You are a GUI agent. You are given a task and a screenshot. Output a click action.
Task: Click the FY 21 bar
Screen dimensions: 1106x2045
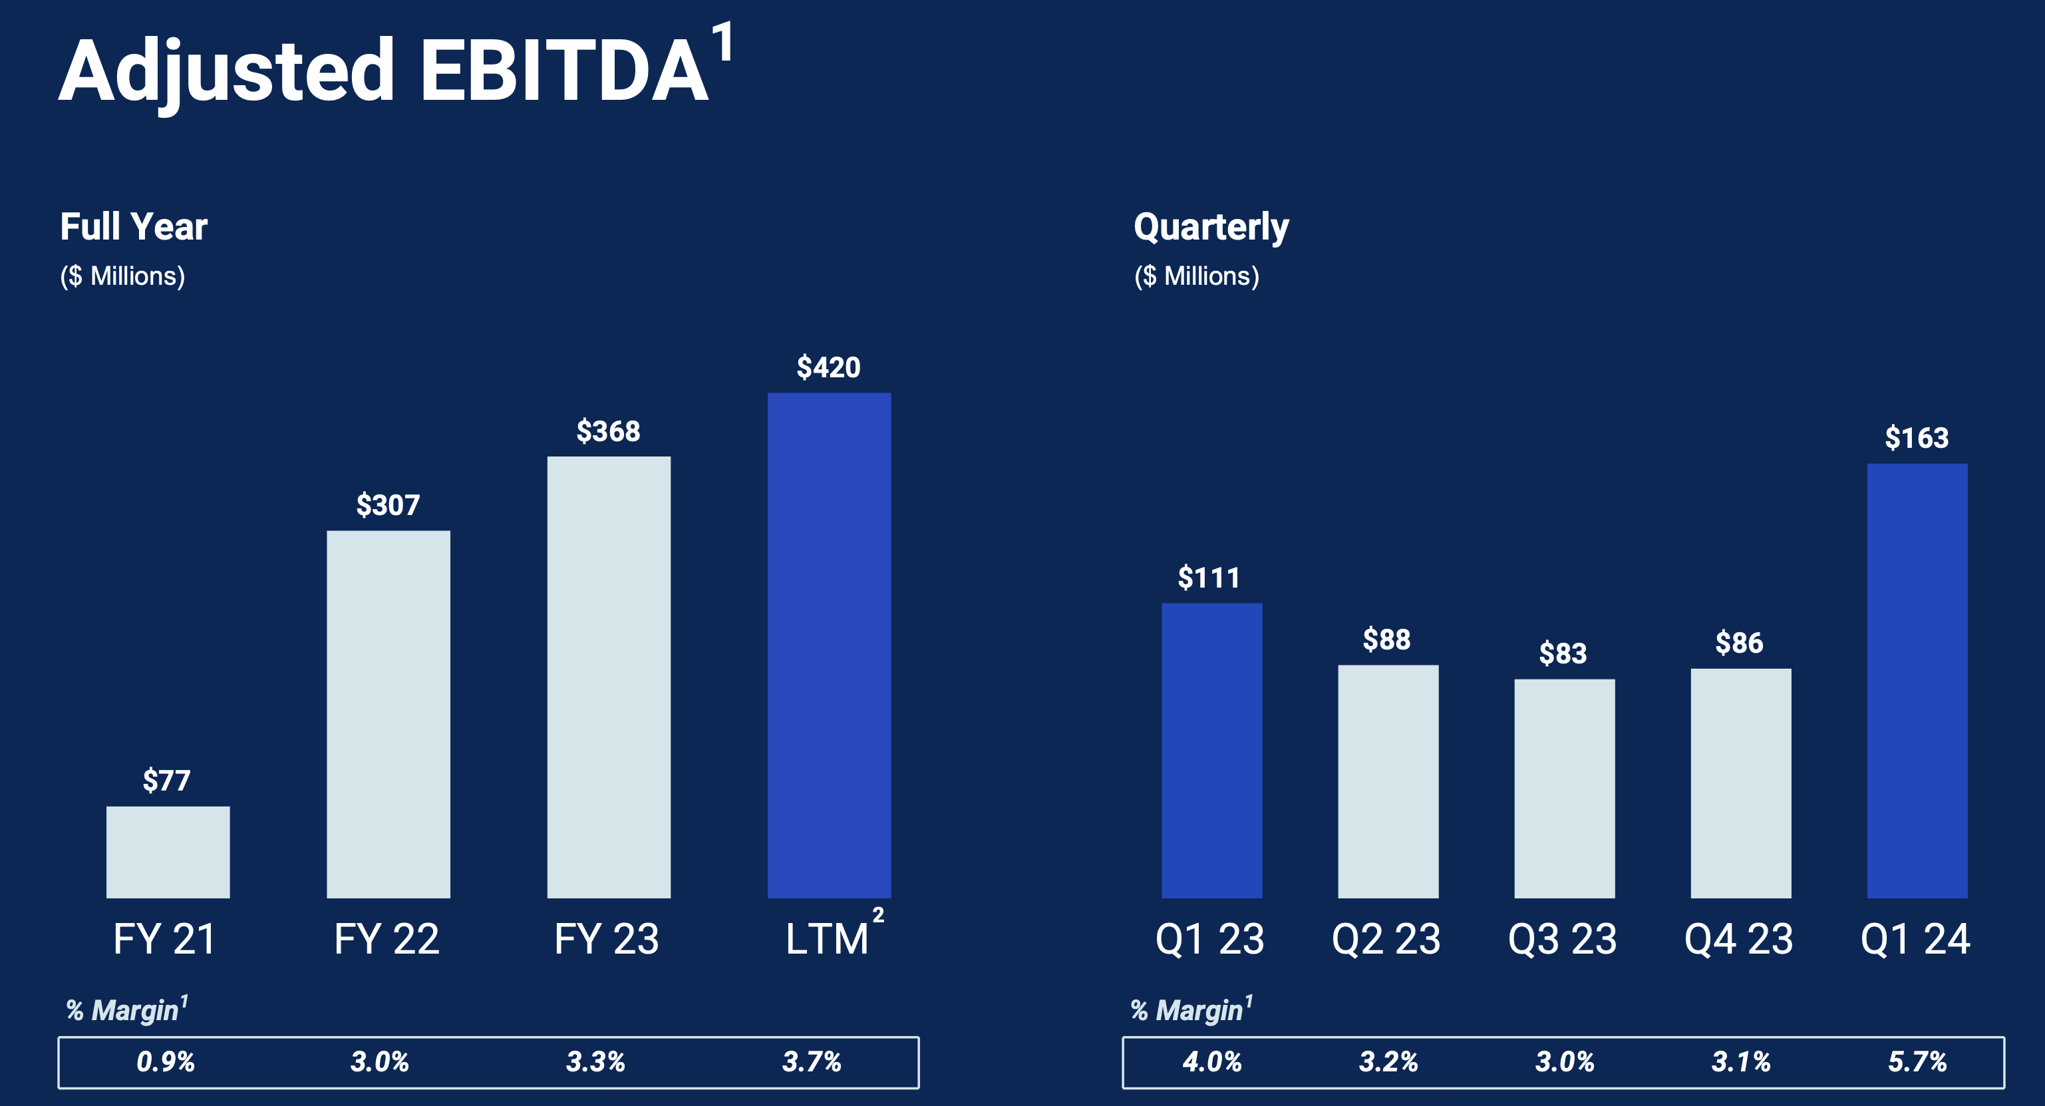[168, 852]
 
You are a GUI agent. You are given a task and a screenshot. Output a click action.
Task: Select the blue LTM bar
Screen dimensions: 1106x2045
[829, 645]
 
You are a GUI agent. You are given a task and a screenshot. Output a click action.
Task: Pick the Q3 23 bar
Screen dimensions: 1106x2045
[1564, 789]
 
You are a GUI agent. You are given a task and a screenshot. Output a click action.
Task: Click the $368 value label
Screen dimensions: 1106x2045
[608, 431]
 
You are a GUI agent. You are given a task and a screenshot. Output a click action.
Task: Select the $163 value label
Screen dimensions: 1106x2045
[1917, 437]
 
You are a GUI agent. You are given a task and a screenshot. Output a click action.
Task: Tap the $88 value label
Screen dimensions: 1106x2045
[1387, 639]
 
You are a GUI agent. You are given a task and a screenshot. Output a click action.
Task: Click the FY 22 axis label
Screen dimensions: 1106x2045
[387, 939]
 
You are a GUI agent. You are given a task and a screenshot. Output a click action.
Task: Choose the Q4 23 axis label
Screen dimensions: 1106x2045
[1738, 939]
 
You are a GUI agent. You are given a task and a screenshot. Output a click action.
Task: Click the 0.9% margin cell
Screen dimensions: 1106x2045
[165, 1061]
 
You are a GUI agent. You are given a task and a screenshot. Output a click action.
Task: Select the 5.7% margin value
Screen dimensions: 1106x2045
[1917, 1061]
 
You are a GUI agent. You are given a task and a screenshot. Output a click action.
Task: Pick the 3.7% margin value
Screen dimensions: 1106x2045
[812, 1061]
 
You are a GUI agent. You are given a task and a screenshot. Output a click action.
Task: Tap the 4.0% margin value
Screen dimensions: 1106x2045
[1211, 1061]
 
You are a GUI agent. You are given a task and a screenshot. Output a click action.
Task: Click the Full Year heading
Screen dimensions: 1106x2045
[133, 227]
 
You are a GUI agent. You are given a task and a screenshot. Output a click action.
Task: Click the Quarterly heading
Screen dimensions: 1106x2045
[1211, 227]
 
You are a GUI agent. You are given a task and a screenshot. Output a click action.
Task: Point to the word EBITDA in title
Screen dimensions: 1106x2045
[563, 71]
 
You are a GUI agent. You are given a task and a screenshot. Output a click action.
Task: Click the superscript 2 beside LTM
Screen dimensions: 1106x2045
[878, 916]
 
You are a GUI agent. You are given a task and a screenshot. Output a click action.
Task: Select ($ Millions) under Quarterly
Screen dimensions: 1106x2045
[1196, 276]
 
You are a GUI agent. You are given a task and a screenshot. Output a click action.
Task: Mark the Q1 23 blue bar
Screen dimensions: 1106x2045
[1211, 750]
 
